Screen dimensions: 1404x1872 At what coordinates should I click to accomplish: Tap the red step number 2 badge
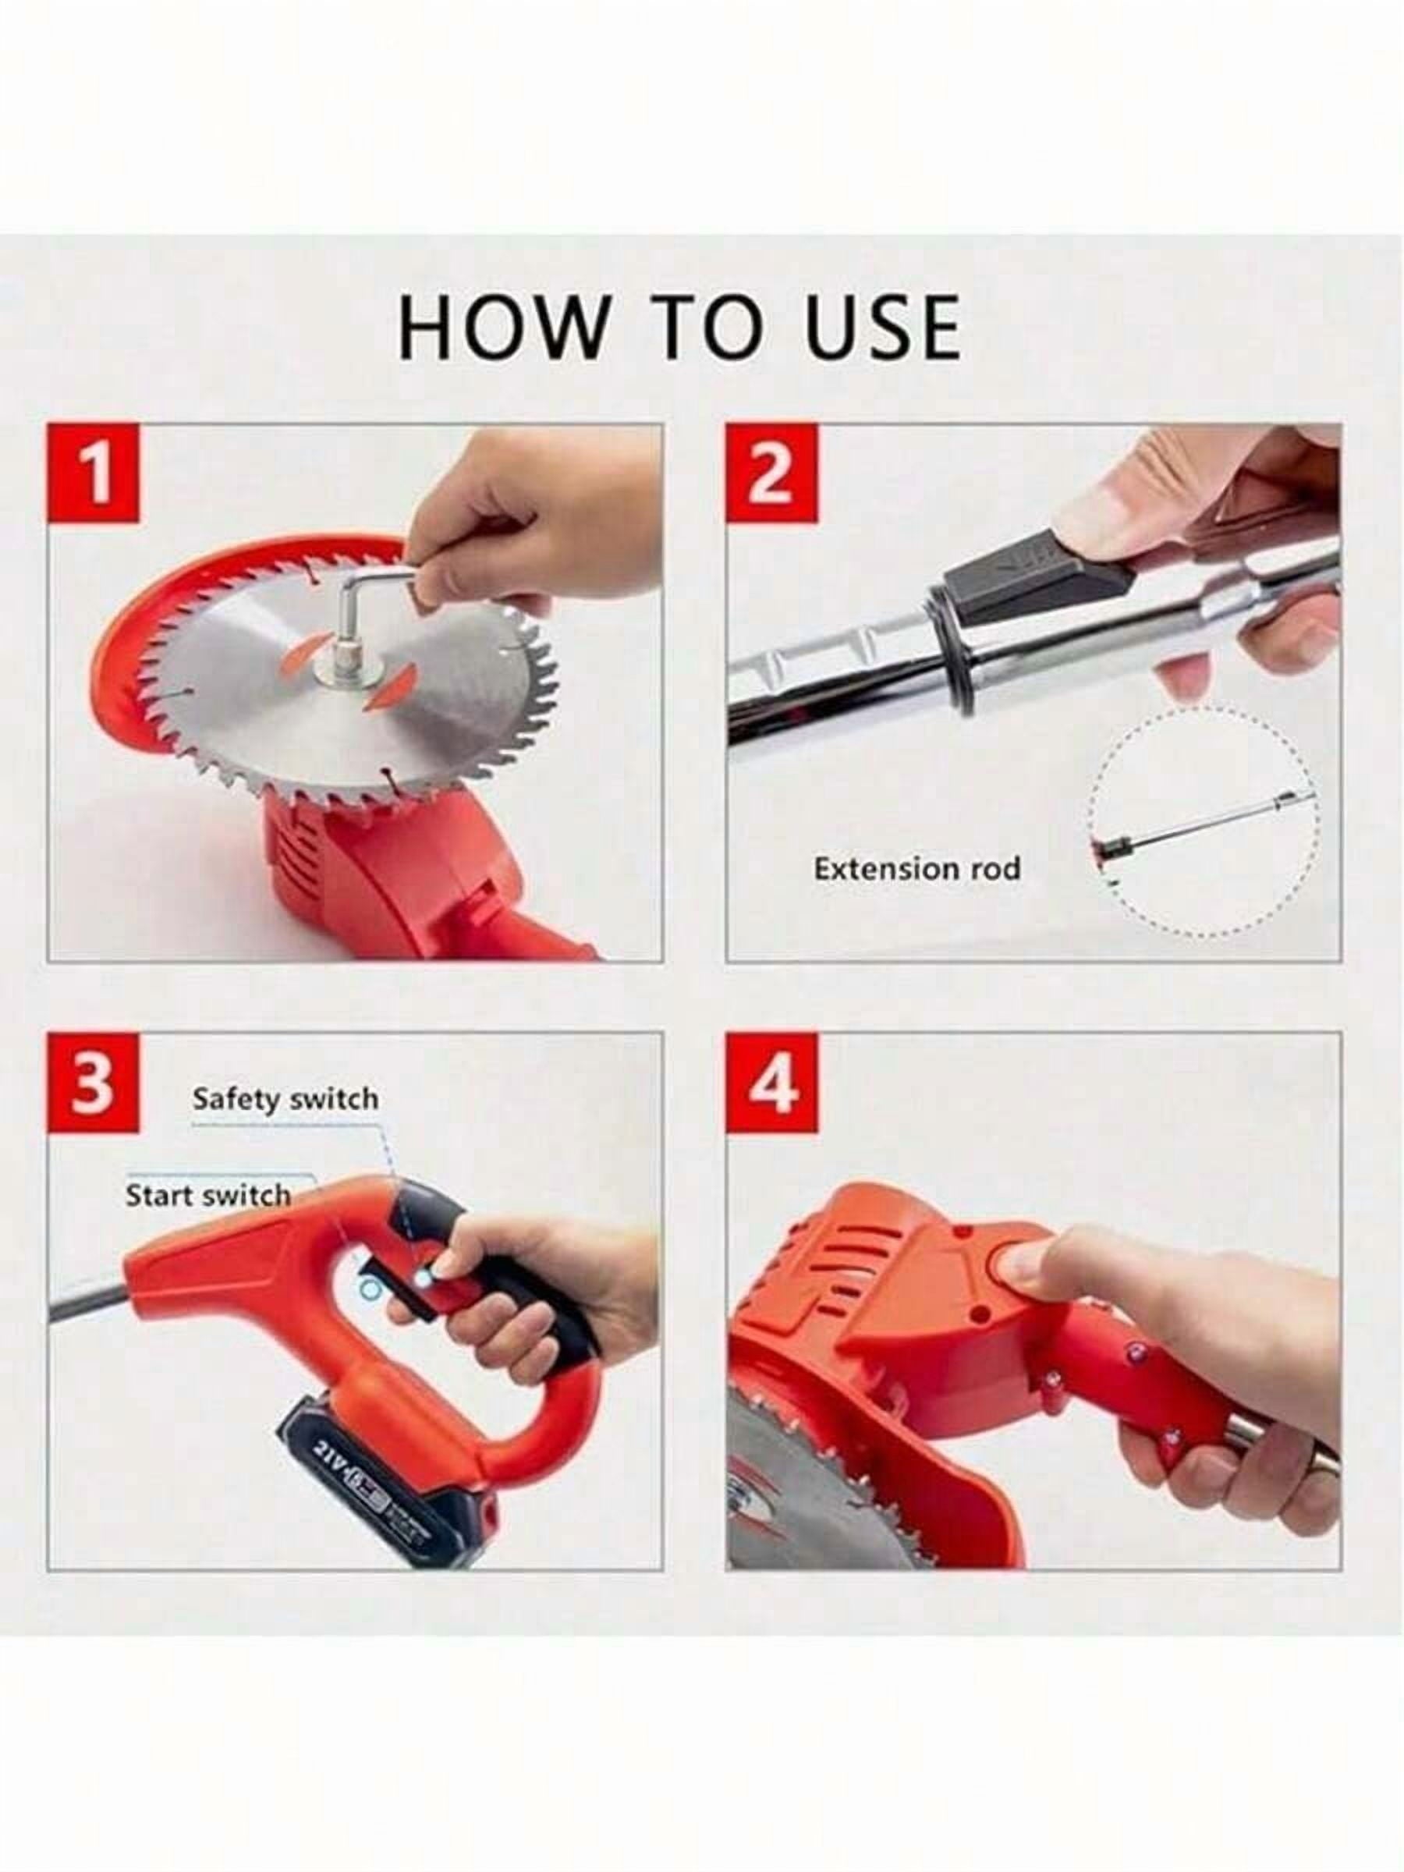pyautogui.click(x=773, y=474)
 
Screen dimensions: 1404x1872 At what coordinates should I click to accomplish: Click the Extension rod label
pyautogui.click(x=916, y=868)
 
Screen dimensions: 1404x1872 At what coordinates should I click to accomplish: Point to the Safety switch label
pyautogui.click(x=285, y=1098)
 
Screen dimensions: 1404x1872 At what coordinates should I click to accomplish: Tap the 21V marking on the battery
pyautogui.click(x=331, y=1464)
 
